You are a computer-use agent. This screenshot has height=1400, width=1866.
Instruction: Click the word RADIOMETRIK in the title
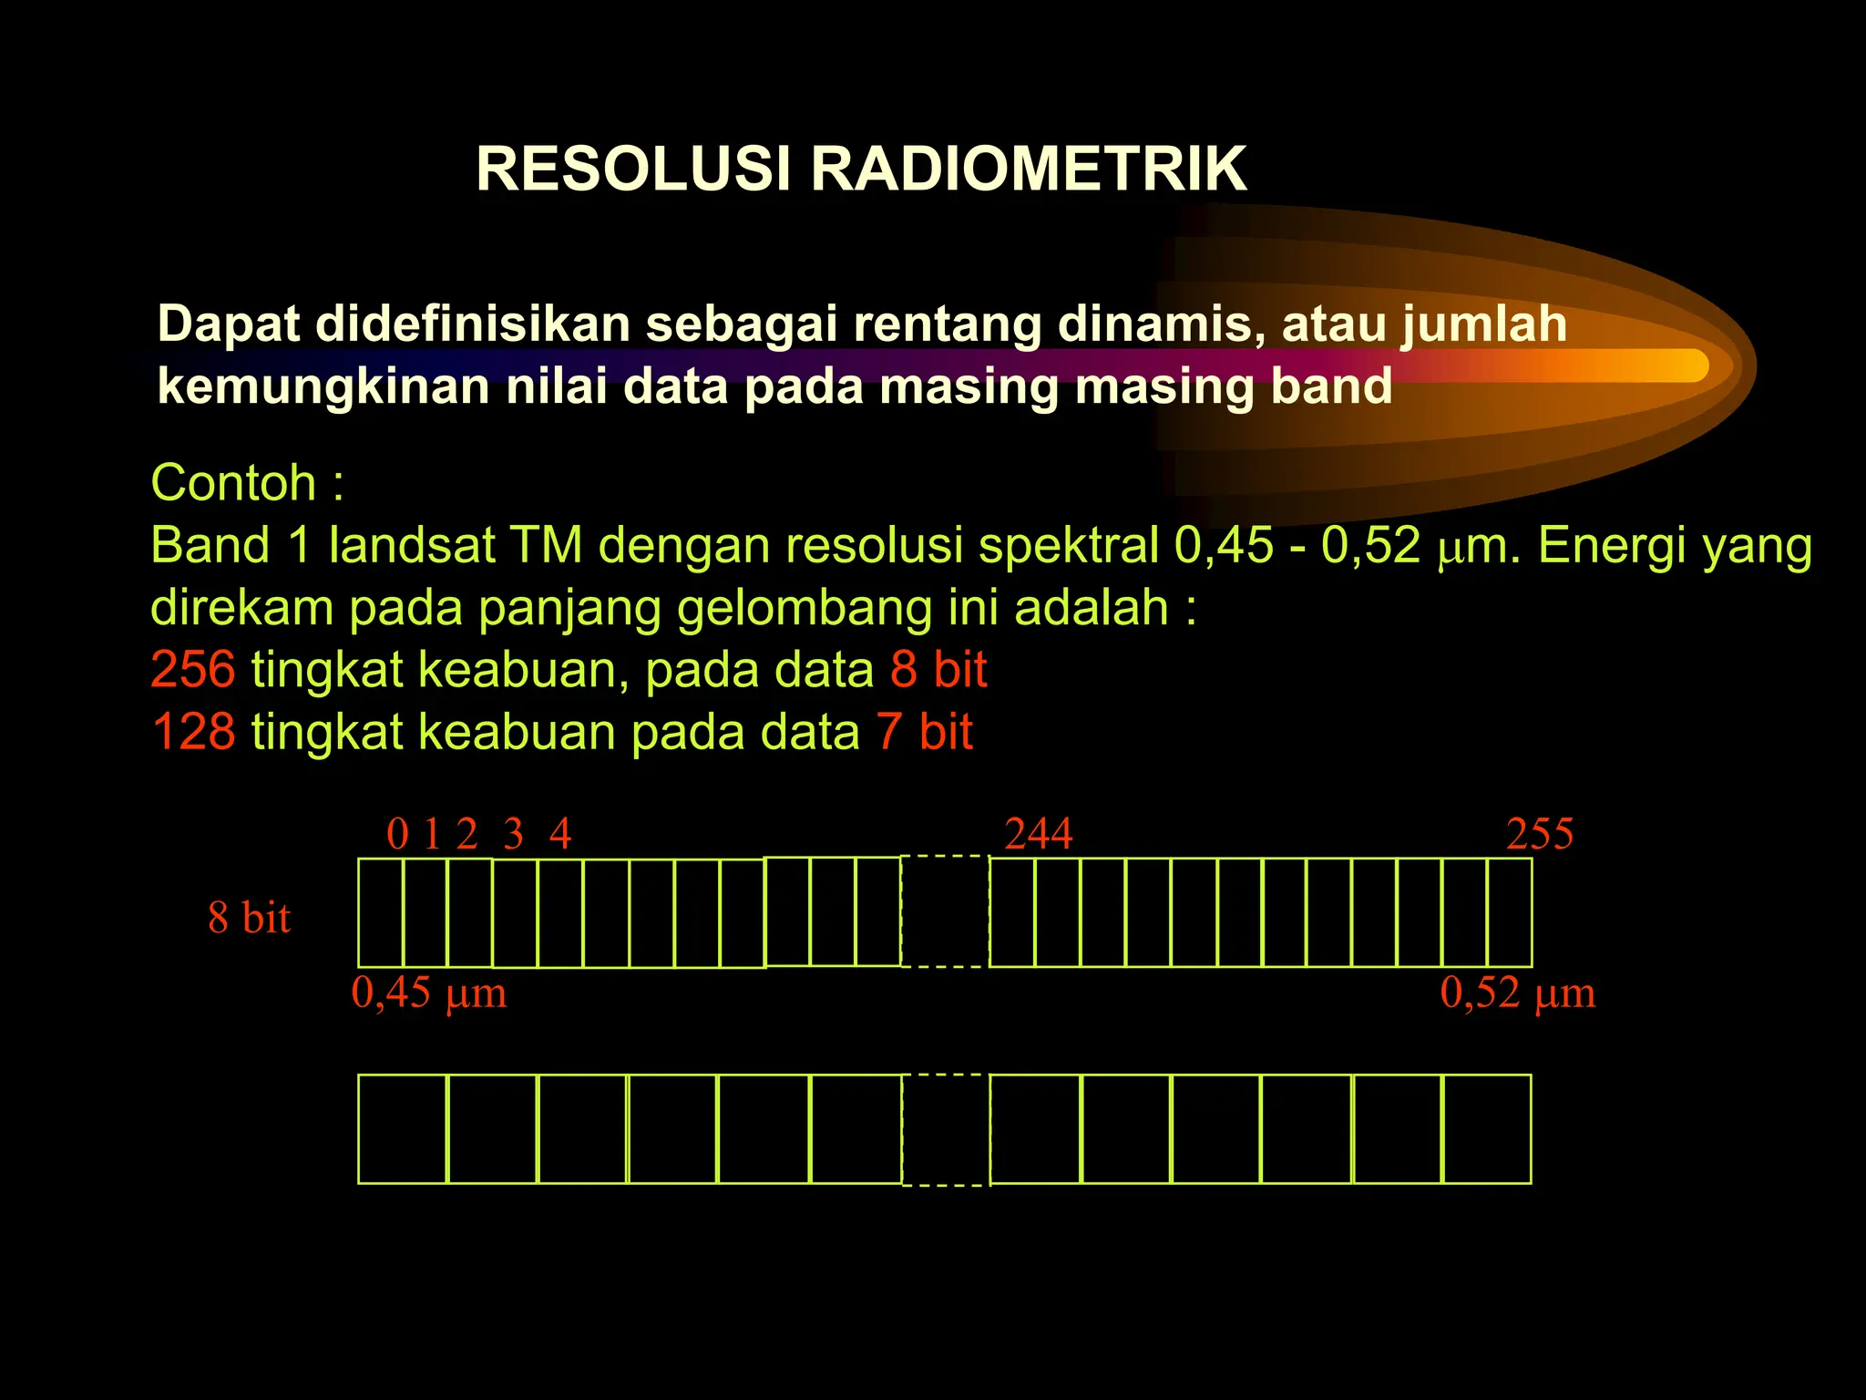(x=1029, y=170)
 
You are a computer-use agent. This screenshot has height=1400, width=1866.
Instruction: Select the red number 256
(x=193, y=669)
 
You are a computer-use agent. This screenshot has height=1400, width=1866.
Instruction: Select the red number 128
(x=193, y=731)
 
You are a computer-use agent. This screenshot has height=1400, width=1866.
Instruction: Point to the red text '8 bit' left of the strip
(x=249, y=917)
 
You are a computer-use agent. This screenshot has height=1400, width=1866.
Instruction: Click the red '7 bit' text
(x=925, y=731)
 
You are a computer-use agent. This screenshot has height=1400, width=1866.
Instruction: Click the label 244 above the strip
(x=1039, y=834)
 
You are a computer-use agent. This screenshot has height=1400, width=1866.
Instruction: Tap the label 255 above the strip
(x=1540, y=834)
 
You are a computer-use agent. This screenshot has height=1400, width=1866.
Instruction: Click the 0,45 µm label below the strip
(x=428, y=993)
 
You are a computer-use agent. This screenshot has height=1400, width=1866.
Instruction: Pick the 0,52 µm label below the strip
(x=1518, y=993)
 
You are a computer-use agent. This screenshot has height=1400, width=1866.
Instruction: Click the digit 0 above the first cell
(x=397, y=834)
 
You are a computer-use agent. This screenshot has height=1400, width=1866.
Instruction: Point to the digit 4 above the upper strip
(x=560, y=834)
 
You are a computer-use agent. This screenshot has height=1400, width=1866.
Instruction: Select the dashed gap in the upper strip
(x=945, y=911)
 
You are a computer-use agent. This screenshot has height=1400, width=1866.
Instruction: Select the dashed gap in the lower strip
(x=945, y=1129)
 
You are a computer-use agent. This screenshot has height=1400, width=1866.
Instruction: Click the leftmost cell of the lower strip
(x=403, y=1129)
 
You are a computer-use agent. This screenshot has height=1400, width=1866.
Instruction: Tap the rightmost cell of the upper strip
(x=1510, y=912)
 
